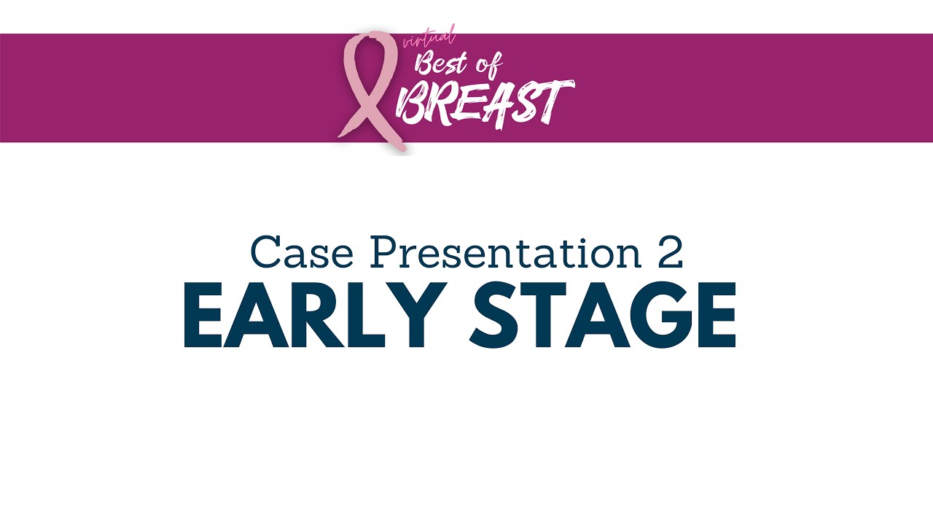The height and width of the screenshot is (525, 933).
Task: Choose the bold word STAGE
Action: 602,315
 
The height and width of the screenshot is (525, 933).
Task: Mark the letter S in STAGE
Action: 496,315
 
